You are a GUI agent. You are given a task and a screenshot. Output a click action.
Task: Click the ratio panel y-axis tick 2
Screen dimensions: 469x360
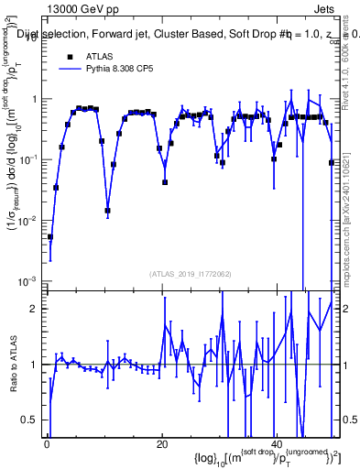(x=34, y=309)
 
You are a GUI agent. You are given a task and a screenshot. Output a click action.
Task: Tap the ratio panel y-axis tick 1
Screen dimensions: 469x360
(x=34, y=365)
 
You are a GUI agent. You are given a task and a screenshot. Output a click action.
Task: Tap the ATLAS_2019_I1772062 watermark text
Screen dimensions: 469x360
(x=190, y=273)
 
